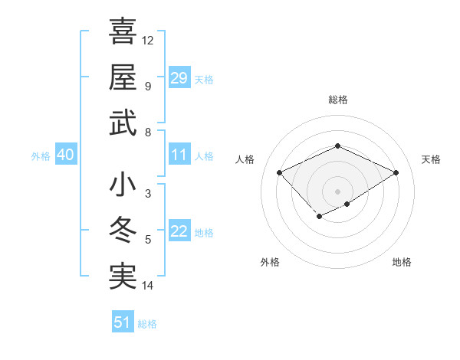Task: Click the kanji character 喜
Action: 123,31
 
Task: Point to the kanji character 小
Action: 123,186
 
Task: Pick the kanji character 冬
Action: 123,231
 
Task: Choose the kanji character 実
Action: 123,276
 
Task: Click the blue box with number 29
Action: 179,77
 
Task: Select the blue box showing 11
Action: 179,155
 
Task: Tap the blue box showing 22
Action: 179,232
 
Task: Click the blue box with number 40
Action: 65,155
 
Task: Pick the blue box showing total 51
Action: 123,322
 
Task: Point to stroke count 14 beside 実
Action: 148,286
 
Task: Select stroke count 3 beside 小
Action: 148,194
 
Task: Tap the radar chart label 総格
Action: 338,100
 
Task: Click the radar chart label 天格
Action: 431,159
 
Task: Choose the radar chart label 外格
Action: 270,263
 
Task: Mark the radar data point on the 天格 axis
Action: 396,172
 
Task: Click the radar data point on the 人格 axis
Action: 280,172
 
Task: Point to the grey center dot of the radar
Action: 338,191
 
